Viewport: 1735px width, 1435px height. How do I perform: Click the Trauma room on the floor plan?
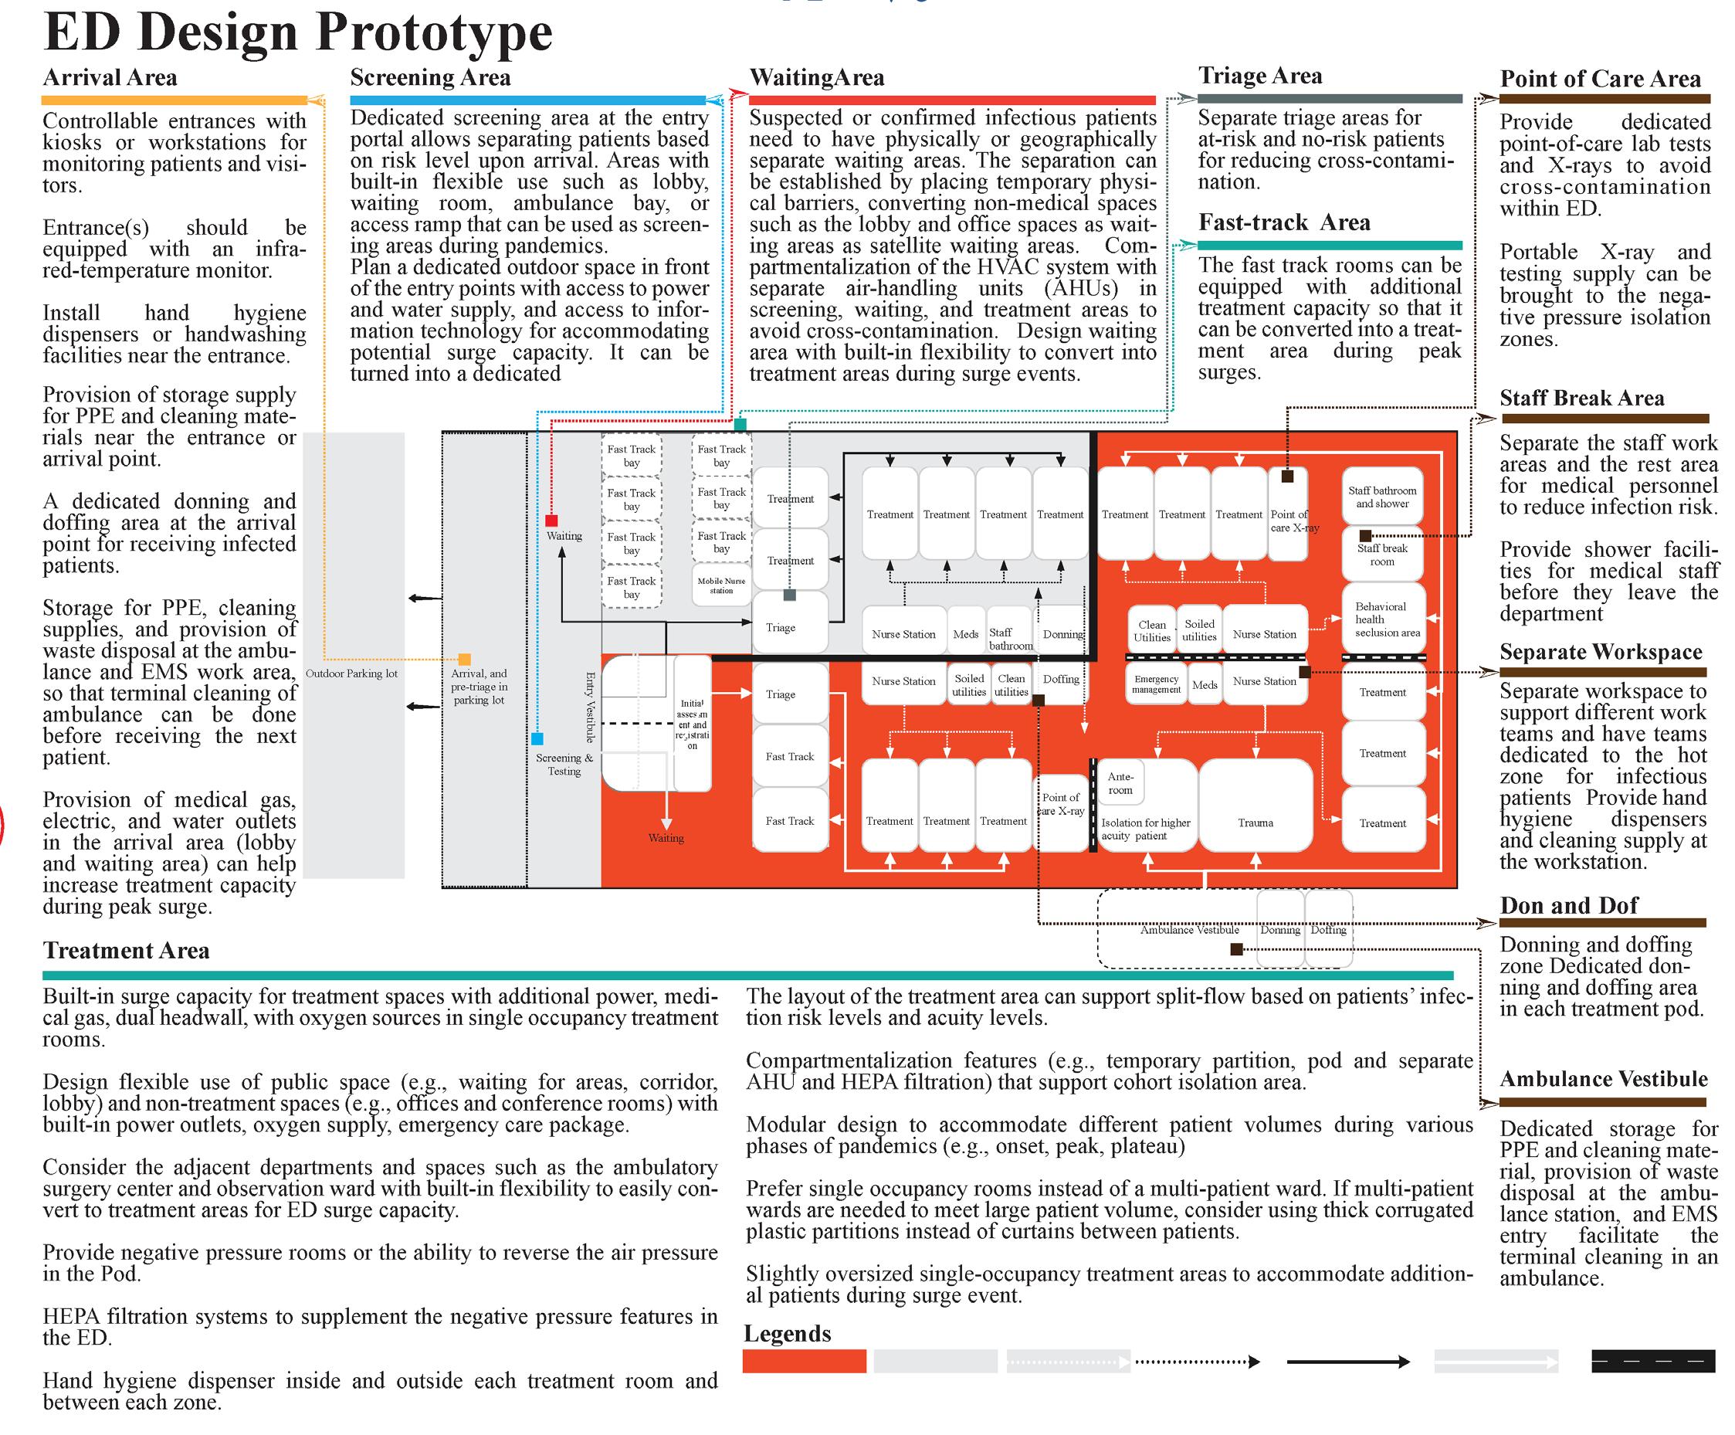1255,823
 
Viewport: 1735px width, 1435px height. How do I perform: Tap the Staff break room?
1382,555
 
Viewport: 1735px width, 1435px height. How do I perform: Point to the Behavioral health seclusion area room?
1384,619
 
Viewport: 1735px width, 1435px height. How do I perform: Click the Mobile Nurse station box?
721,585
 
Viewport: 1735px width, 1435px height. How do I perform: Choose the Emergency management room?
1156,684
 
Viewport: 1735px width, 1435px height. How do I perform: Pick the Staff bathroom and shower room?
1382,497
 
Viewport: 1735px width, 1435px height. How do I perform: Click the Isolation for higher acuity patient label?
1145,829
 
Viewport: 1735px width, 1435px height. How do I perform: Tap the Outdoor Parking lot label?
352,673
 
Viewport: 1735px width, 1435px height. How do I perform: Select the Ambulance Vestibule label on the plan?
1190,930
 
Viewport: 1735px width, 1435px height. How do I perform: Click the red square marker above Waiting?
552,521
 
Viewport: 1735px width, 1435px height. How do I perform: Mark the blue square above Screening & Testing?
537,739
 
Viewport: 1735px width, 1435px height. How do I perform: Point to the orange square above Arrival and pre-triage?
464,659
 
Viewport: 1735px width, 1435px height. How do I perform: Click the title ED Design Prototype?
297,33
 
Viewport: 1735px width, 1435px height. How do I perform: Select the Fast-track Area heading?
1284,222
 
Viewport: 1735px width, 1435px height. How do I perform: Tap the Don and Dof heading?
1568,905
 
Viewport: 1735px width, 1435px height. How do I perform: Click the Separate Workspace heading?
1601,652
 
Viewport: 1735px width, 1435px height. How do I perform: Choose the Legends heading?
788,1333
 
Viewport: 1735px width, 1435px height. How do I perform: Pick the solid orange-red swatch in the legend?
804,1362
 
